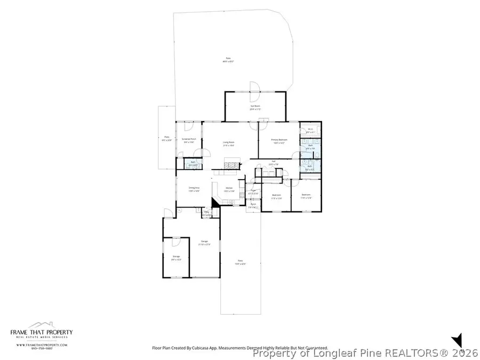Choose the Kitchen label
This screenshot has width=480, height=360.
pos(229,188)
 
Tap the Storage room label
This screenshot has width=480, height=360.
pos(176,257)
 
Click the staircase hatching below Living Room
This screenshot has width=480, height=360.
pos(230,166)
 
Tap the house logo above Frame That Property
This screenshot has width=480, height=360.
pos(42,325)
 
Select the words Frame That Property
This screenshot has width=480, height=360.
pos(42,332)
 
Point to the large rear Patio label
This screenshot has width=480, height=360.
pos(228,59)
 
